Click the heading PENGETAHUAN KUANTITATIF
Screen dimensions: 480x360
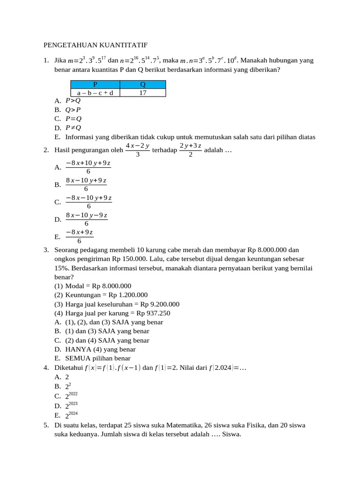coord(96,45)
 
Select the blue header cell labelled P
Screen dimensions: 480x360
coord(95,84)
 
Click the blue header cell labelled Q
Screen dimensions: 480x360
coord(143,84)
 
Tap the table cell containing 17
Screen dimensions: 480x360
coord(143,93)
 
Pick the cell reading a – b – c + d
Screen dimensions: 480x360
coord(95,93)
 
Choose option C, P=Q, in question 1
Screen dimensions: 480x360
coord(73,119)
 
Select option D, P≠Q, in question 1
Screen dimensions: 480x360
coord(73,127)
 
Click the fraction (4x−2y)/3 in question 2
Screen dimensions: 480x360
coord(137,150)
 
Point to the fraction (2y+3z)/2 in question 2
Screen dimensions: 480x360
coord(190,150)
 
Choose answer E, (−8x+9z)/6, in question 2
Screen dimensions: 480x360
coord(79,237)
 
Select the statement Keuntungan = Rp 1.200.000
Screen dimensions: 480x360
coord(106,295)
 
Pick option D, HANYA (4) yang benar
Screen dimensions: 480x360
coord(100,349)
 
